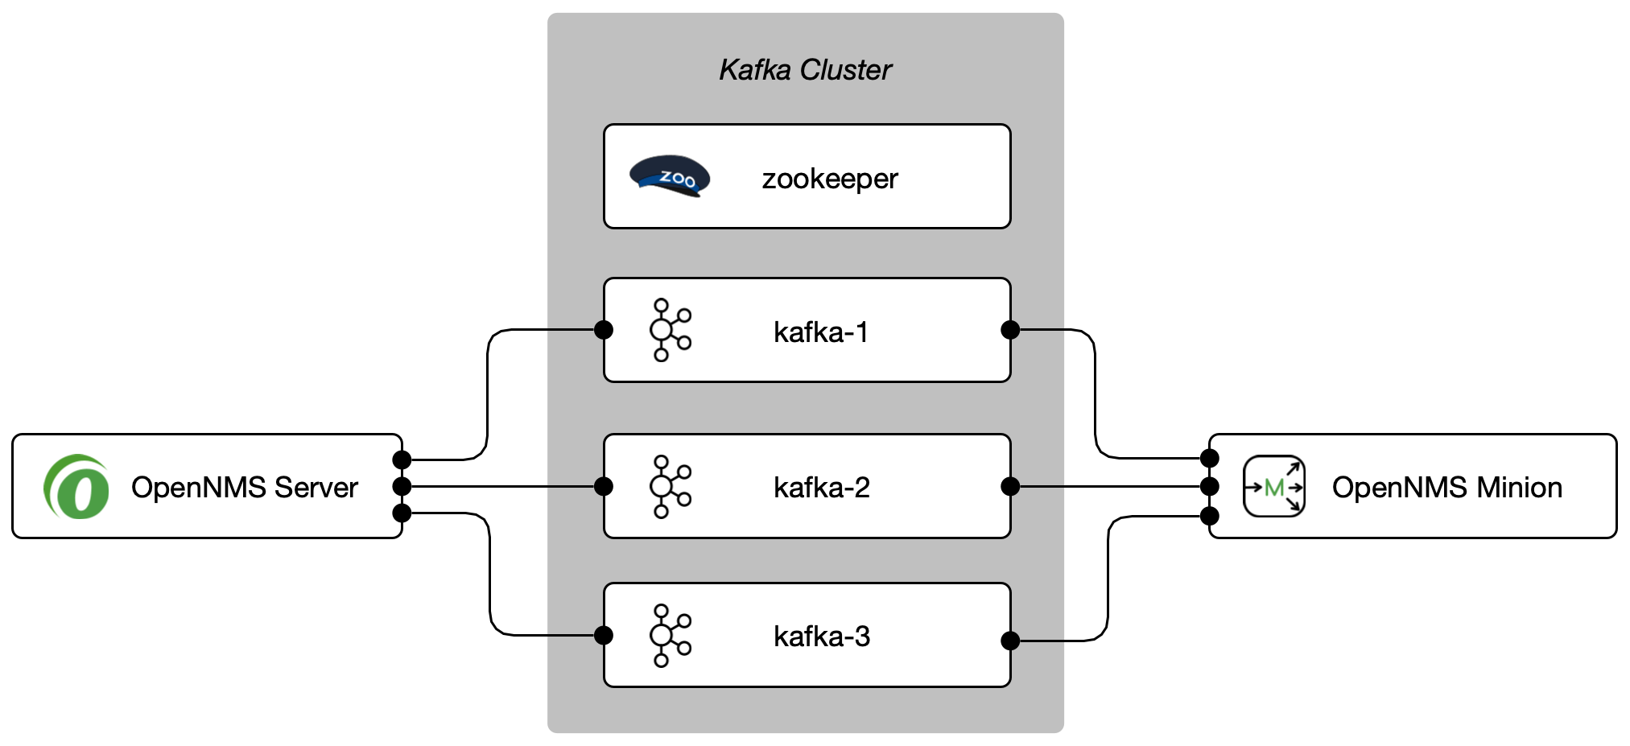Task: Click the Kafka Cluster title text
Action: (x=805, y=70)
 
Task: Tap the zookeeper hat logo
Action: (x=670, y=176)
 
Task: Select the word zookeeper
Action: (x=829, y=179)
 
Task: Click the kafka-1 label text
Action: (x=820, y=332)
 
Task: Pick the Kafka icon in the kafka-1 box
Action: (x=670, y=330)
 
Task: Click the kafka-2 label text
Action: (x=821, y=487)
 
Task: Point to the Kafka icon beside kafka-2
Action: (x=670, y=486)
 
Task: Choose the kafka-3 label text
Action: (x=821, y=636)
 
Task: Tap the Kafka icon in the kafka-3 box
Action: (x=670, y=635)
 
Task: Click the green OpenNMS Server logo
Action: (x=76, y=487)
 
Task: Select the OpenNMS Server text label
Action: (x=244, y=487)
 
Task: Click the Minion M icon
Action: (x=1273, y=486)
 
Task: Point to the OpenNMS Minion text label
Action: (x=1446, y=487)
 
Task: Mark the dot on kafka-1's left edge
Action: (x=603, y=329)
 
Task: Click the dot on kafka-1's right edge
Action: (x=1010, y=329)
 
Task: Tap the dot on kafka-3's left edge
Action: (x=603, y=635)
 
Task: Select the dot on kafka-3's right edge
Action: (x=1010, y=641)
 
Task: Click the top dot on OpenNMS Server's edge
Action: (x=402, y=460)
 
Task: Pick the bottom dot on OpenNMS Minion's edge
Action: (x=1209, y=516)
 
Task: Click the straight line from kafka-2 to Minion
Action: (x=1111, y=486)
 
